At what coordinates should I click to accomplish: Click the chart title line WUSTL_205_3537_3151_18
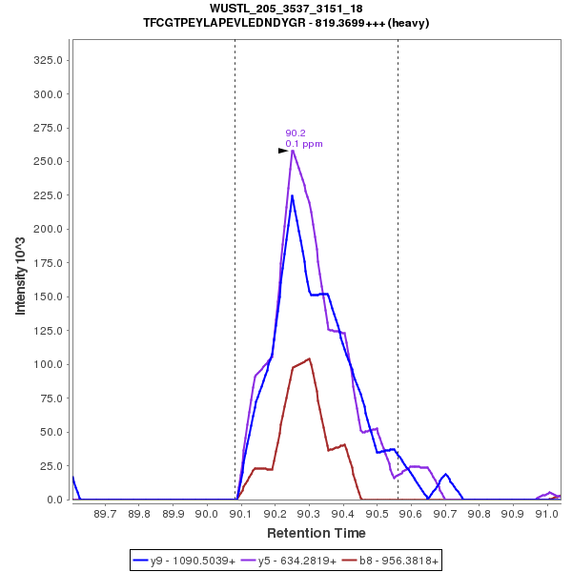tap(286, 9)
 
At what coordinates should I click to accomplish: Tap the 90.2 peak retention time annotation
tap(296, 133)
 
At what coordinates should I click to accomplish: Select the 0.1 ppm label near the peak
tap(304, 144)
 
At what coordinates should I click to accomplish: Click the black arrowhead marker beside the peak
tap(283, 151)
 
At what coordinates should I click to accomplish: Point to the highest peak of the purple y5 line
tap(293, 151)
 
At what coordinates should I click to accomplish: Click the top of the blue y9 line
tap(293, 196)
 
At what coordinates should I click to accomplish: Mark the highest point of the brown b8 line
tap(310, 358)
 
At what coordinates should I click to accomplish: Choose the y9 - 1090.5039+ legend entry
tap(193, 561)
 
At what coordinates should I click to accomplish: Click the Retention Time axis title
tap(316, 533)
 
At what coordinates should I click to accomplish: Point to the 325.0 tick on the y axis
tap(49, 60)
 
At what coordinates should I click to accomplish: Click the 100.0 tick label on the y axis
tap(49, 364)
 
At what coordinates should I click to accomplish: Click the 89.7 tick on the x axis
tap(106, 514)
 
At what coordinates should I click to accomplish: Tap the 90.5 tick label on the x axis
tap(378, 514)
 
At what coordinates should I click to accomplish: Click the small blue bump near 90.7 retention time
tap(445, 474)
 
